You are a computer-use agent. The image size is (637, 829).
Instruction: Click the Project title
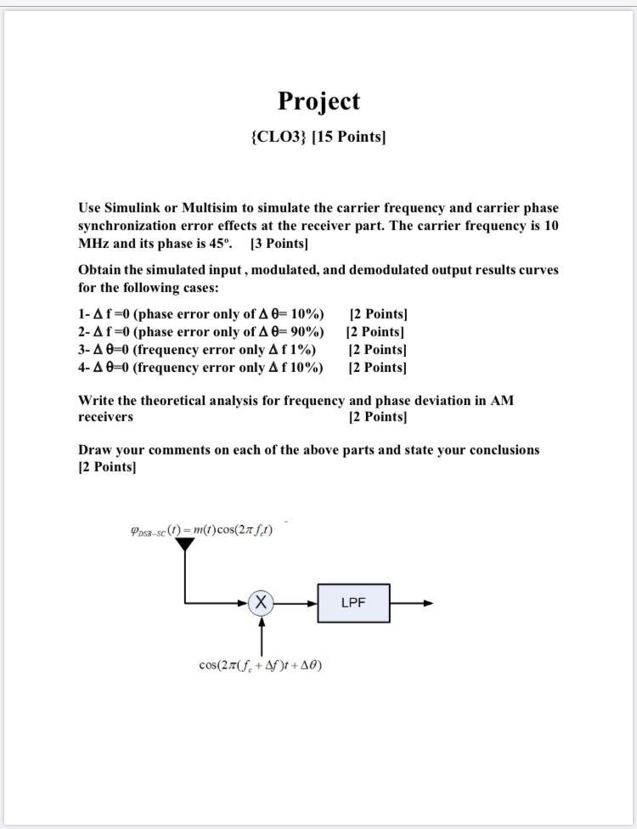(318, 101)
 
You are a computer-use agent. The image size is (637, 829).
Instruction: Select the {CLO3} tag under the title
(279, 137)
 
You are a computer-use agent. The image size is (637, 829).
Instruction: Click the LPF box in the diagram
(353, 603)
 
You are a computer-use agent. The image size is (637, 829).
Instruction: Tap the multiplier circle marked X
(262, 603)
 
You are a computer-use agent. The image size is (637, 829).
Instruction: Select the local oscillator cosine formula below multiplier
(260, 665)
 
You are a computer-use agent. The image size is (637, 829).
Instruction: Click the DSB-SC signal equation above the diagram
(201, 530)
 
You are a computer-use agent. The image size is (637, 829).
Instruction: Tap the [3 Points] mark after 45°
(279, 244)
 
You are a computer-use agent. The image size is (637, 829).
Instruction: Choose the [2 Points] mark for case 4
(377, 368)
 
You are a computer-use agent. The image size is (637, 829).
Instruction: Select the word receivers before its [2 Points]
(105, 417)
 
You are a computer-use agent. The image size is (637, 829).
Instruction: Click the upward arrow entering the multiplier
(262, 633)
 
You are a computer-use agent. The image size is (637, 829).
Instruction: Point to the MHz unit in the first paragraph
(92, 244)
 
